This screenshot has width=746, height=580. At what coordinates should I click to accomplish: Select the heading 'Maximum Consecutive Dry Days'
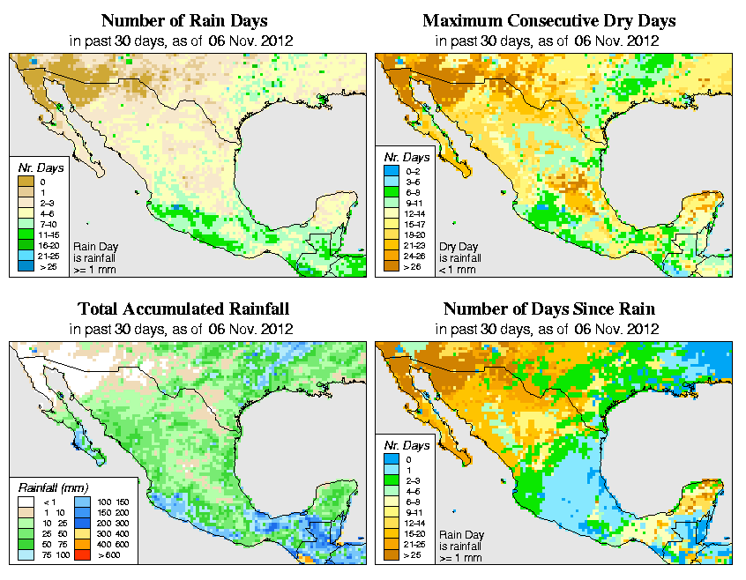[x=549, y=20]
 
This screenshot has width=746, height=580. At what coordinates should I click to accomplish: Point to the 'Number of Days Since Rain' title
[x=549, y=309]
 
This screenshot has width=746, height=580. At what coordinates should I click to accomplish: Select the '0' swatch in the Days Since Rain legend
[x=389, y=459]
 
